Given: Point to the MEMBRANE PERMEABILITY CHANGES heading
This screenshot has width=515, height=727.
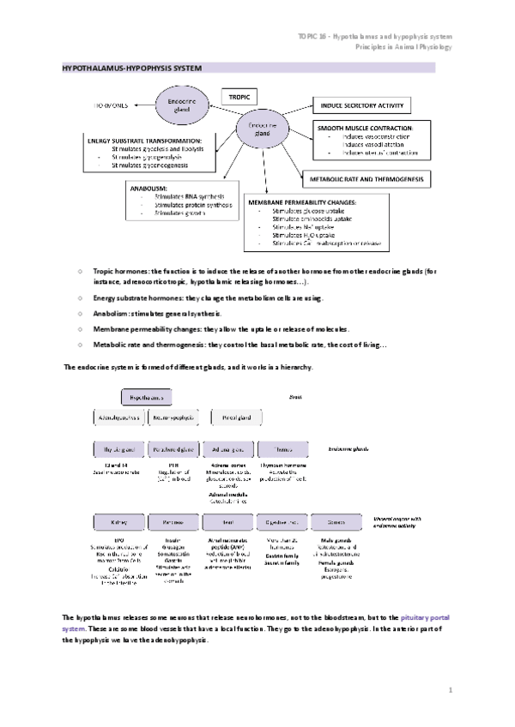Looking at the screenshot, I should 303,201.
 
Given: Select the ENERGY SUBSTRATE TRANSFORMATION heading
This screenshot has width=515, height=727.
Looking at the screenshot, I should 144,140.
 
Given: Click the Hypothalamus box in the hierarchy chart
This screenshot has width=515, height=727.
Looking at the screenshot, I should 145,397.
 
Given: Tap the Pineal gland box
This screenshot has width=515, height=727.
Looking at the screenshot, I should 233,417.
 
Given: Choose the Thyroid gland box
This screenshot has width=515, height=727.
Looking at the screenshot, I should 118,448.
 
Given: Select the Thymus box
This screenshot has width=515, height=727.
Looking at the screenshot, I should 280,448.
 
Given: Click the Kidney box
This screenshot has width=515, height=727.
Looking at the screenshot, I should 118,521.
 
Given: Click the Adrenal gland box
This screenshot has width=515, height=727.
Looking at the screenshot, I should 227,448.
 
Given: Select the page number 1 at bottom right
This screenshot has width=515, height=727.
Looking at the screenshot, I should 450,689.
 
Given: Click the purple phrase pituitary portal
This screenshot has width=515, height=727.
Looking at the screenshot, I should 423,617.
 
